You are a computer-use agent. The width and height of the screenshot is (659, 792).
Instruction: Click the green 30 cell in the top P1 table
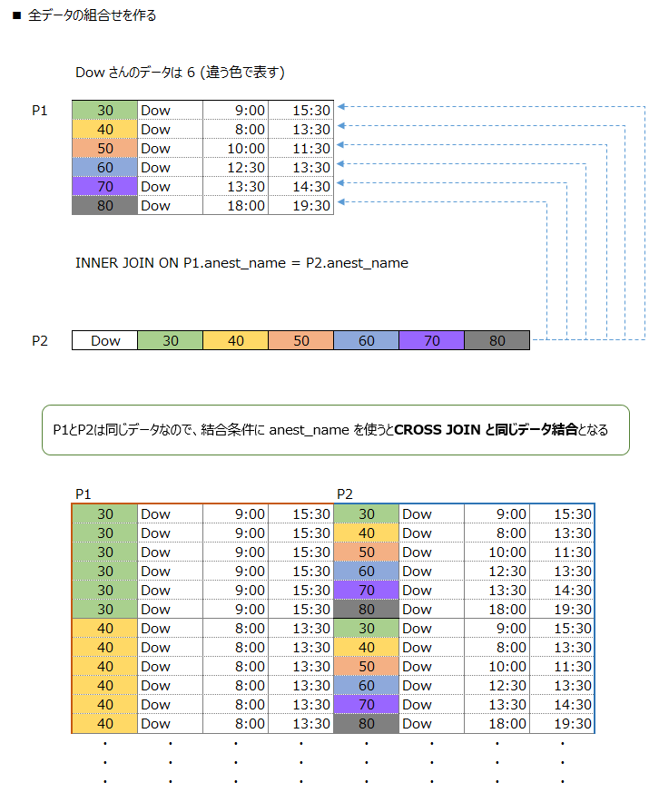pos(104,110)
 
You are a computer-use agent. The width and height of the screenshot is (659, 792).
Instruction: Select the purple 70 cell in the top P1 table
pos(104,186)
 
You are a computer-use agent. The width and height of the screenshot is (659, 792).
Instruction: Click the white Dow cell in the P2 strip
pos(105,341)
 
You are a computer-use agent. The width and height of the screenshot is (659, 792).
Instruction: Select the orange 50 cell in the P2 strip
pos(301,341)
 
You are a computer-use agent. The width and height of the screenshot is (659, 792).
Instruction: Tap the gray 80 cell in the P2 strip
pos(497,341)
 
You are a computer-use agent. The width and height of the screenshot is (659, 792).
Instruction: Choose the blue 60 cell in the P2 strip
pos(367,341)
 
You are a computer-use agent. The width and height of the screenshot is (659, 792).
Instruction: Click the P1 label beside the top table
pos(40,110)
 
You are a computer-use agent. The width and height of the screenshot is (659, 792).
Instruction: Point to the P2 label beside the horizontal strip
pos(40,341)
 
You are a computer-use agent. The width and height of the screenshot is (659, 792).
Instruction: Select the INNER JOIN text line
pos(241,263)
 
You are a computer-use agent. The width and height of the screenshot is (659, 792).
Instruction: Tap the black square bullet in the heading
pos(16,16)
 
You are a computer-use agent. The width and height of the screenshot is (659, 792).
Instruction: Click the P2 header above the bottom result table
pos(345,494)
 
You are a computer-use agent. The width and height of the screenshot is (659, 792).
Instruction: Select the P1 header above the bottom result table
pos(84,494)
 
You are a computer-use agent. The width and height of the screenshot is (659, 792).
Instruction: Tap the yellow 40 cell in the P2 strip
pos(236,341)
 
